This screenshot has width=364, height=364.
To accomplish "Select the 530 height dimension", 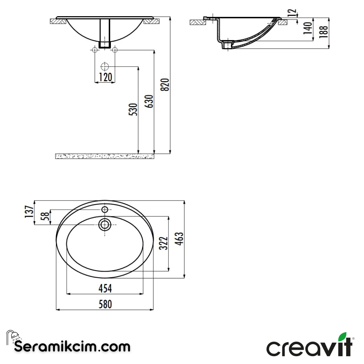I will tap(134, 110).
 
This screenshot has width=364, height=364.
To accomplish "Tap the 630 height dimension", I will tap(150, 101).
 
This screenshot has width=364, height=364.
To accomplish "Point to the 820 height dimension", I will tap(165, 85).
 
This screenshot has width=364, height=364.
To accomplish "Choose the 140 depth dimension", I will tap(307, 28).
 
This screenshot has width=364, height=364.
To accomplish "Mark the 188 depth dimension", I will tap(324, 32).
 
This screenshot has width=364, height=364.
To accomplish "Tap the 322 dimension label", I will tap(163, 243).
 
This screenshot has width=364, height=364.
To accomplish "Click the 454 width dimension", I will tap(105, 289).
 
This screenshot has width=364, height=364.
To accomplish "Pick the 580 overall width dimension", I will tap(105, 304).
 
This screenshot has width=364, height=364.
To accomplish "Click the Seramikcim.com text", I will tap(72, 346).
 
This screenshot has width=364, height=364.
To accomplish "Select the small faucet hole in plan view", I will tap(105, 210).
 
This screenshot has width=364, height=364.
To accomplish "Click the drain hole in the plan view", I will tap(105, 224).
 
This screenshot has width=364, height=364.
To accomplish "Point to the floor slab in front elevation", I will tap(104, 156).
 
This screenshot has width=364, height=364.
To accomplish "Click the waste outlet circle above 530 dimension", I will tap(105, 66).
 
